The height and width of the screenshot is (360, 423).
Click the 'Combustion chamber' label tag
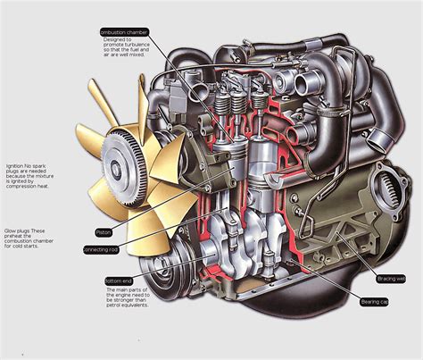124,32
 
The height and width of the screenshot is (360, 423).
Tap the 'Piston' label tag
104,231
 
